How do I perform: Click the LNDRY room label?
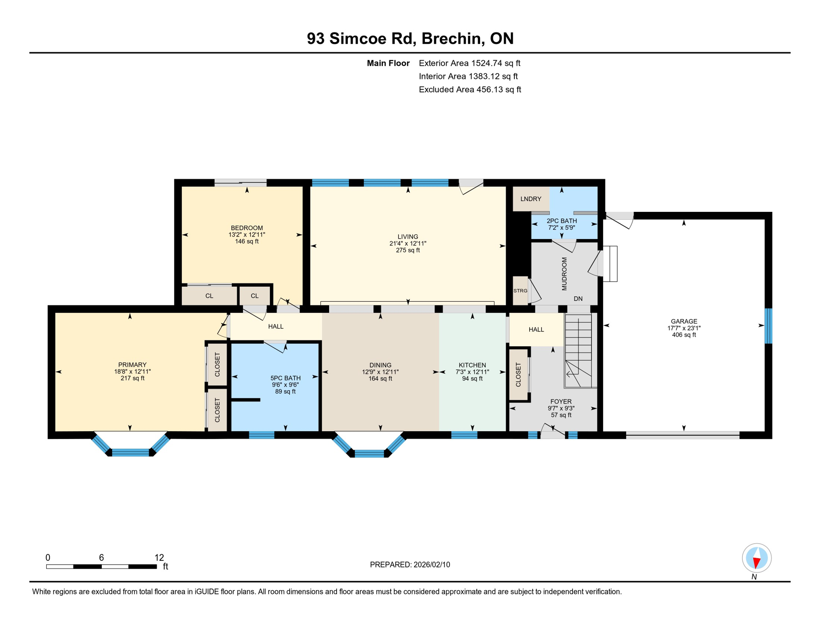[x=530, y=199]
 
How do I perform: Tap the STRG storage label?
[x=520, y=291]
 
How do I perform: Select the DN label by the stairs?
[x=578, y=299]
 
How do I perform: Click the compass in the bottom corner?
[x=756, y=558]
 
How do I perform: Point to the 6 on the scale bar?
[x=101, y=558]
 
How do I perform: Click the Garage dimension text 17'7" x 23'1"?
[x=684, y=328]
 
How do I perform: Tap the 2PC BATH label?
[x=561, y=221]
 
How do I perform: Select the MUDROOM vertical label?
[x=564, y=274]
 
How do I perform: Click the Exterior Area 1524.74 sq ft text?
[x=469, y=63]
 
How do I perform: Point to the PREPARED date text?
[x=410, y=565]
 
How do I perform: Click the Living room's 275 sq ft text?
[x=408, y=250]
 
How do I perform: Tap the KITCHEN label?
[x=472, y=365]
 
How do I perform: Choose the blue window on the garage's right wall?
[x=768, y=326]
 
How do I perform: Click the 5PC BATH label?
[x=285, y=378]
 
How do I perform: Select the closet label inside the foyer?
[x=518, y=375]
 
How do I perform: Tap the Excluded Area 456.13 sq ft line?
[x=470, y=89]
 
